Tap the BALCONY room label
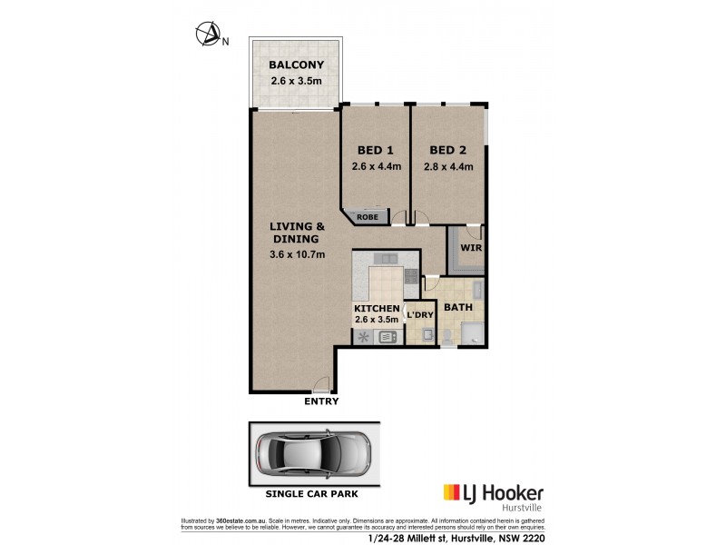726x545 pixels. tap(296, 65)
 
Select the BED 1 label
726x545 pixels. tap(375, 150)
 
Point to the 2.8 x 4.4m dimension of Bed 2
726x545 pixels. tap(448, 166)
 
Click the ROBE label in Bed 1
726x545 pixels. tap(368, 217)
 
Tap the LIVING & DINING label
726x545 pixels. tap(297, 233)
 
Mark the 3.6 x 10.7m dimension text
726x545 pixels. tap(297, 254)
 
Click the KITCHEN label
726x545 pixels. tap(378, 309)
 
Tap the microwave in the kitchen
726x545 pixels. tap(388, 337)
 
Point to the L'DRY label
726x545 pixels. tap(419, 315)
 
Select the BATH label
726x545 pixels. tap(457, 308)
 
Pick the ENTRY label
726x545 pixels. tap(322, 401)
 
